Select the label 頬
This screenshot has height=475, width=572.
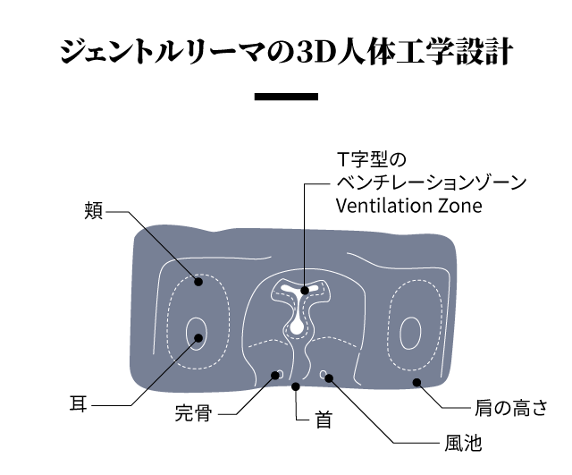point(94,211)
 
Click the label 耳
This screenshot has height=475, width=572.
point(79,403)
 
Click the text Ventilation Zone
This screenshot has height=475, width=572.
point(408,206)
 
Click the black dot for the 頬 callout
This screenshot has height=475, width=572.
point(199,281)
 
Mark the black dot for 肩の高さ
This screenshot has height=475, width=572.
point(415,382)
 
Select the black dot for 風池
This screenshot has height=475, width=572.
point(329,377)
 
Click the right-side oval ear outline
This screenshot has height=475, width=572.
point(410,334)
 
